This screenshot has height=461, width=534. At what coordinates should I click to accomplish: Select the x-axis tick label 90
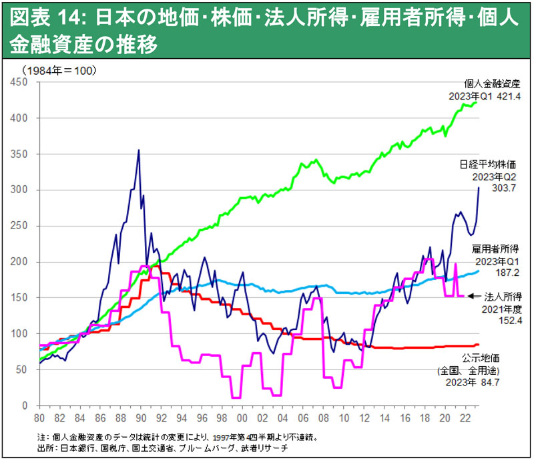(x=140, y=418)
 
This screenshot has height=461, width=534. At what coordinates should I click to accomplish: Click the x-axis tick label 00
(x=242, y=418)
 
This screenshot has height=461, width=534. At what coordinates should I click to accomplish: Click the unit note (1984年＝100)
(x=58, y=69)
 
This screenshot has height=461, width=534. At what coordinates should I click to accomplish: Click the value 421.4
(x=507, y=97)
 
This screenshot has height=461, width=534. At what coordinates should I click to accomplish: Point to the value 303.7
(x=500, y=189)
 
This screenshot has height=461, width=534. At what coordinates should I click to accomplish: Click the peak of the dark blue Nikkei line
(x=138, y=150)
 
